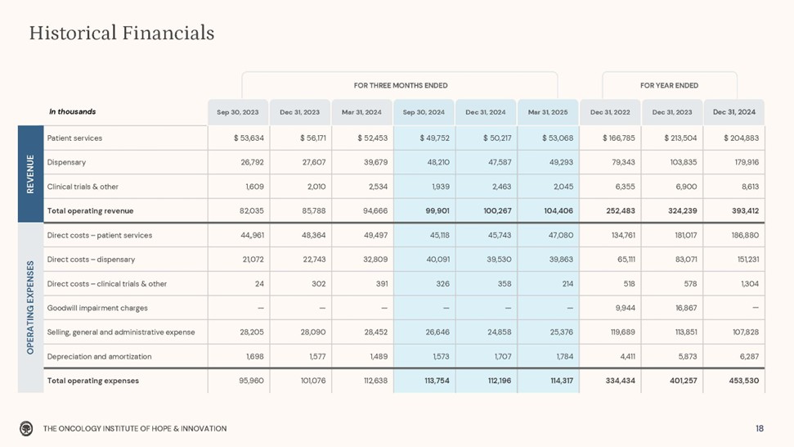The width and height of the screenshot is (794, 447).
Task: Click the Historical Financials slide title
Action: click(122, 33)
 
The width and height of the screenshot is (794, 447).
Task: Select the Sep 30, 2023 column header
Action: click(238, 111)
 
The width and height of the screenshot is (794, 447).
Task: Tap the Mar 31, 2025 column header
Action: click(548, 111)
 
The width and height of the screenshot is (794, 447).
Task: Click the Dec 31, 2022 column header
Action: click(610, 111)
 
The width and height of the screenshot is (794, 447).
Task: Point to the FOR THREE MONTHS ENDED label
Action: click(400, 85)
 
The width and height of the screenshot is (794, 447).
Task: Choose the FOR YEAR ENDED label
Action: click(669, 85)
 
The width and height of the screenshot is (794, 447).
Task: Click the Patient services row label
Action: click(74, 138)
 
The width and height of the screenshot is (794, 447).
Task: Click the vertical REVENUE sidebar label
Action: click(30, 174)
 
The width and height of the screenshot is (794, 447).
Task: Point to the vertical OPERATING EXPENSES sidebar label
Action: click(30, 308)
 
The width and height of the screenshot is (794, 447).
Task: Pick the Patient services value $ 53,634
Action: click(246, 138)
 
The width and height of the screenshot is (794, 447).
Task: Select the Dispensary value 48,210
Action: click(429, 162)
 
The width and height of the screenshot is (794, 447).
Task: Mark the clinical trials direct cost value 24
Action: click(258, 284)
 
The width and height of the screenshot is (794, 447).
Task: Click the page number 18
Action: click(760, 428)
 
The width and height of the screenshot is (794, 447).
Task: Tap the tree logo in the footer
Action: click(27, 428)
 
